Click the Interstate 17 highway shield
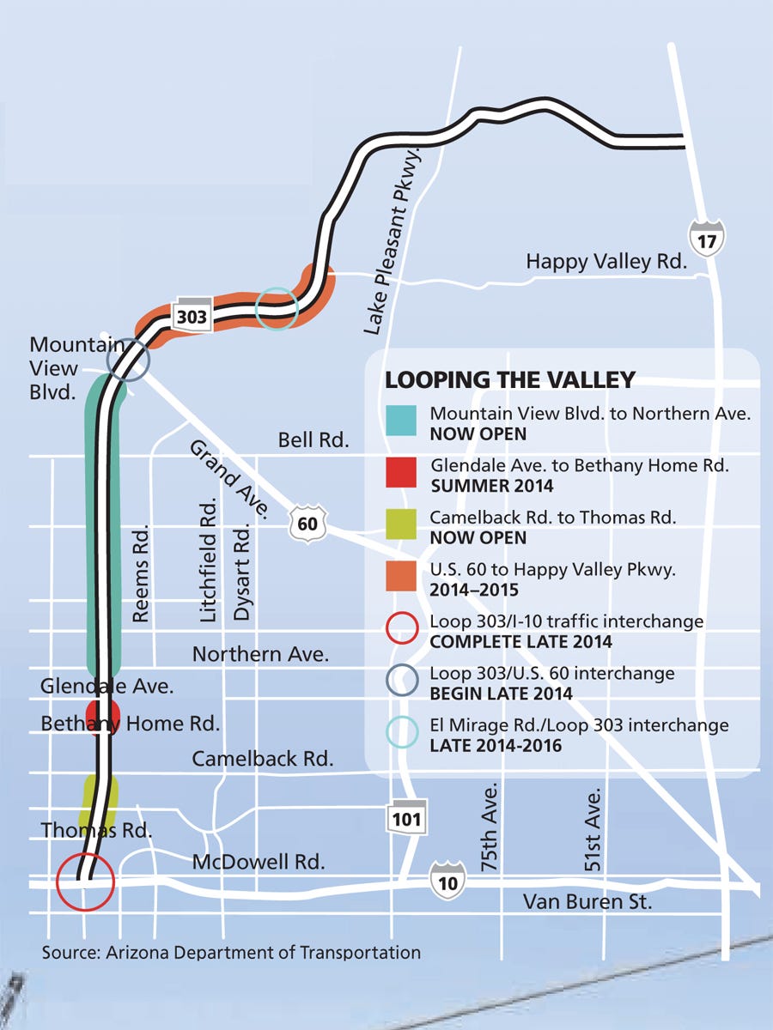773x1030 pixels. [706, 238]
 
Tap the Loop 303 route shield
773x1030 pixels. [191, 316]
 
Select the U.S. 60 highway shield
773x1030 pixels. [307, 523]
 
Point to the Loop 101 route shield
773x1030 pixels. [405, 818]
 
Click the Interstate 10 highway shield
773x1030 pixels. [448, 881]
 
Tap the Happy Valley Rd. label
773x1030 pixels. [606, 261]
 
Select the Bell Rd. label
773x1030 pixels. [313, 441]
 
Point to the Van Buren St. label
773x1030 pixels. [588, 902]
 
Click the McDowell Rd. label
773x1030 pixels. [259, 862]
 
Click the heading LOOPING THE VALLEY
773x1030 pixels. [510, 379]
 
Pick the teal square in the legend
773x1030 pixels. [401, 421]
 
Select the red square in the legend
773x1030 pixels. [401, 474]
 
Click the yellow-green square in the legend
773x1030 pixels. [401, 525]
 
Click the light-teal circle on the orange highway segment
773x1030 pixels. [277, 306]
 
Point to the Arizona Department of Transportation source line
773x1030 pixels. [232, 952]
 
